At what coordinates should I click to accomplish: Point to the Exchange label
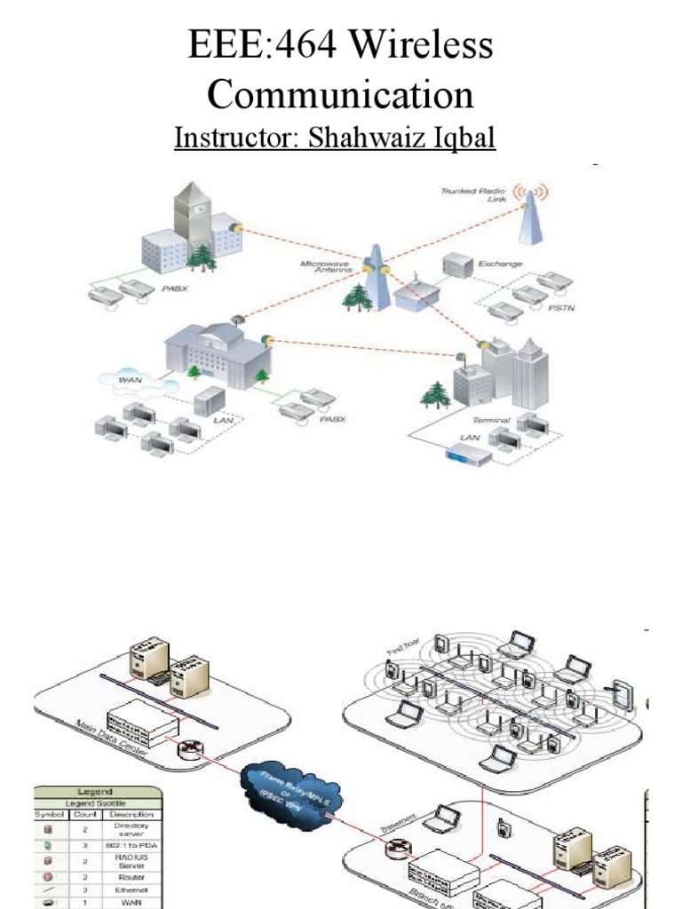pyautogui.click(x=500, y=264)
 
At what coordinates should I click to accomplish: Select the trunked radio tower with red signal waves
pyautogui.click(x=531, y=217)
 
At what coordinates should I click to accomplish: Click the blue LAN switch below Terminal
pyautogui.click(x=468, y=457)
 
